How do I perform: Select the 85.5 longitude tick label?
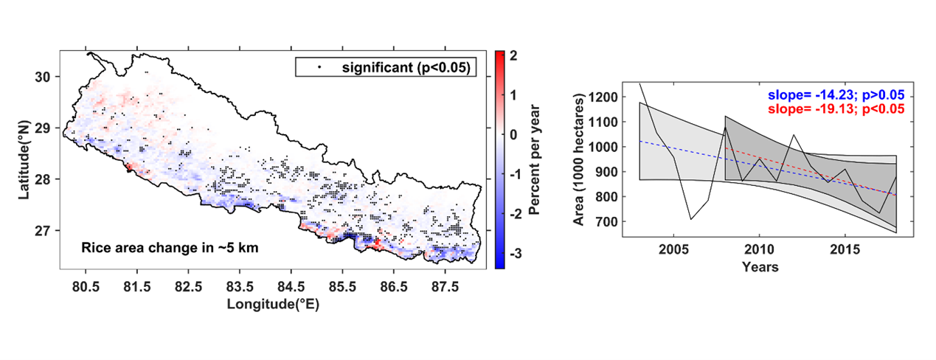tap(342, 285)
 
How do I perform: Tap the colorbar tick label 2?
tap(513, 56)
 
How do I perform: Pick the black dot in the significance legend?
tap(319, 67)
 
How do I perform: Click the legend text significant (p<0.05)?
tap(405, 68)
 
